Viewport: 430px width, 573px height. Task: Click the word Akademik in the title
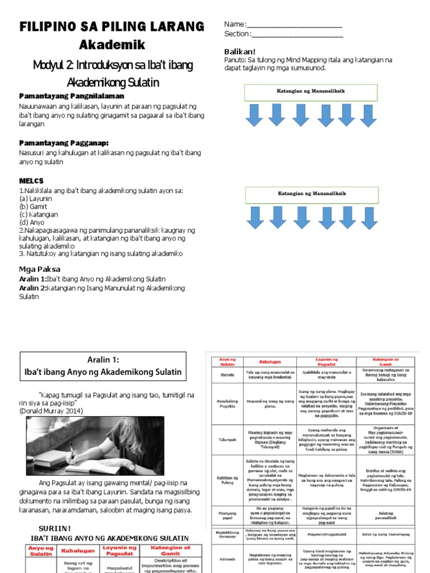tap(112, 44)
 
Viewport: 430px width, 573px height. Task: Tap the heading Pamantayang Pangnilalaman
tap(72, 96)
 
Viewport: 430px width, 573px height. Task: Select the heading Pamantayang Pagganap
tap(64, 143)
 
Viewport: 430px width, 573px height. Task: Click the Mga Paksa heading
tap(40, 269)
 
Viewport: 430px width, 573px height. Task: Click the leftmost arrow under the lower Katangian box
tap(255, 217)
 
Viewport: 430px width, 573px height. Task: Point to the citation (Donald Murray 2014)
tap(51, 411)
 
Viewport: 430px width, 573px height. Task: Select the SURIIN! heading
tap(54, 528)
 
